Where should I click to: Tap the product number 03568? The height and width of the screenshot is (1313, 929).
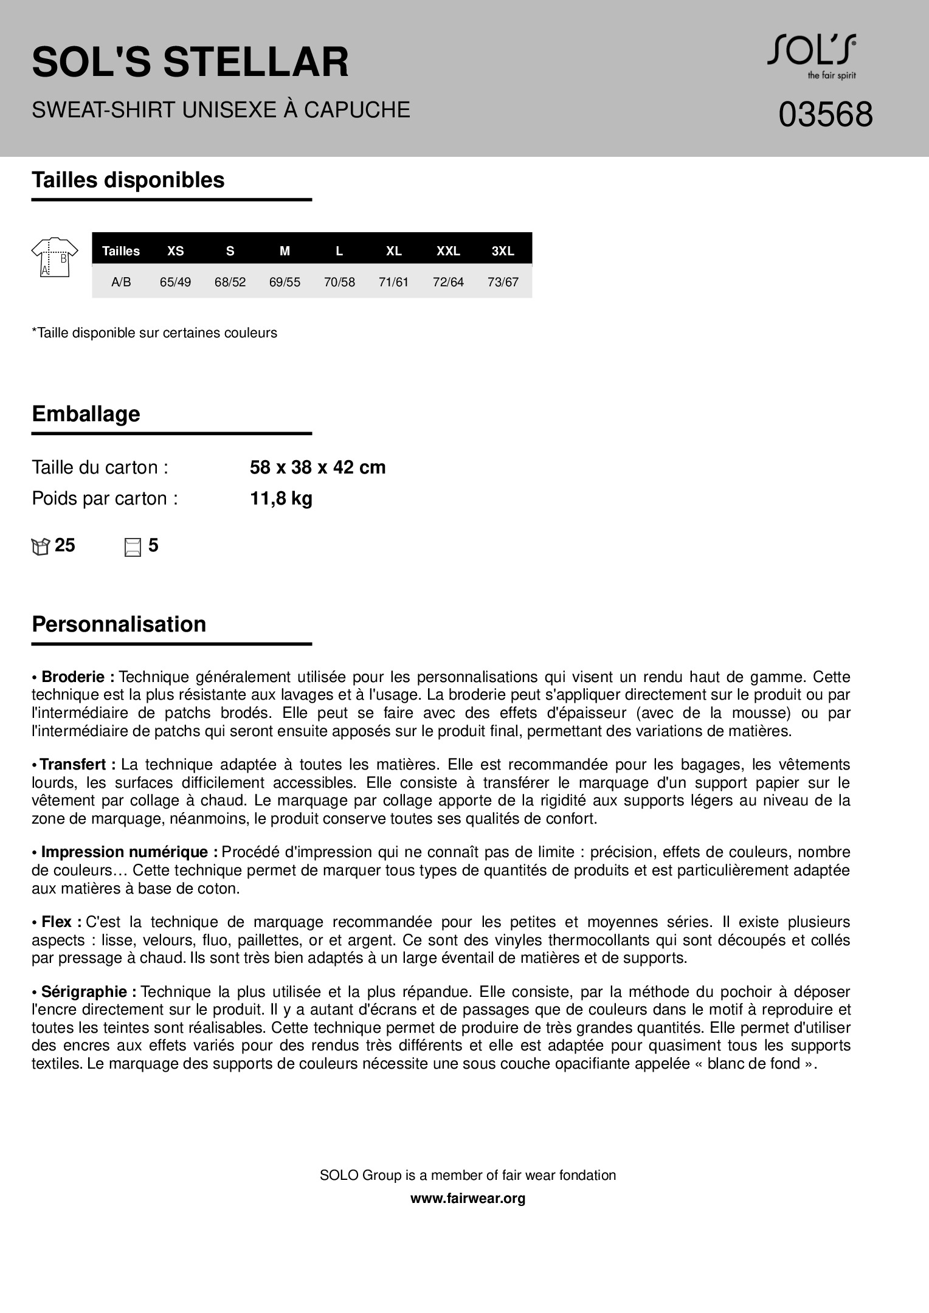(x=825, y=114)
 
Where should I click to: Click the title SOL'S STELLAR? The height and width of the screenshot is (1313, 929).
(x=190, y=62)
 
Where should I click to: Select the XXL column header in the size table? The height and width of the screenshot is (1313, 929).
(x=448, y=251)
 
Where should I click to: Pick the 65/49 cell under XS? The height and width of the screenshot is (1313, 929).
(x=175, y=282)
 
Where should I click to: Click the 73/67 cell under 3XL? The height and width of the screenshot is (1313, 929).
(x=503, y=282)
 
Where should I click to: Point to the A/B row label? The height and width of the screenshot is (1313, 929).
(x=121, y=282)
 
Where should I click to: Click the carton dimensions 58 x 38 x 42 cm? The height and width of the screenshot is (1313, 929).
(x=317, y=467)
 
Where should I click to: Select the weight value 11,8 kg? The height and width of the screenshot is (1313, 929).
(x=281, y=498)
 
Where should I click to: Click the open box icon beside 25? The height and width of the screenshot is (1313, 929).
(x=40, y=547)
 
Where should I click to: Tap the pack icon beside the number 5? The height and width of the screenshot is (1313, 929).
(x=133, y=547)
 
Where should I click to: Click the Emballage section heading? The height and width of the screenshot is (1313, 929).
(x=86, y=414)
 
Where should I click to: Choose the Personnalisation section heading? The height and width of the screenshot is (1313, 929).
(x=119, y=624)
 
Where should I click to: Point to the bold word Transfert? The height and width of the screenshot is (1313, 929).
(x=77, y=765)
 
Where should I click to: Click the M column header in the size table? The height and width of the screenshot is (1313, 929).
(x=285, y=251)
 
